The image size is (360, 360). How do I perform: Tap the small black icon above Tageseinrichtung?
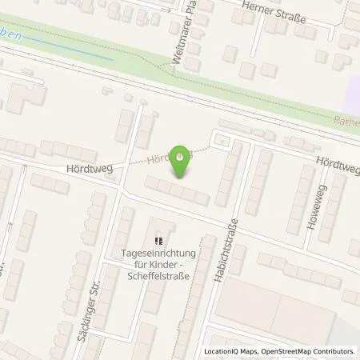click(x=158, y=238)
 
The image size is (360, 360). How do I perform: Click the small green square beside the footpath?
click(x=221, y=142)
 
